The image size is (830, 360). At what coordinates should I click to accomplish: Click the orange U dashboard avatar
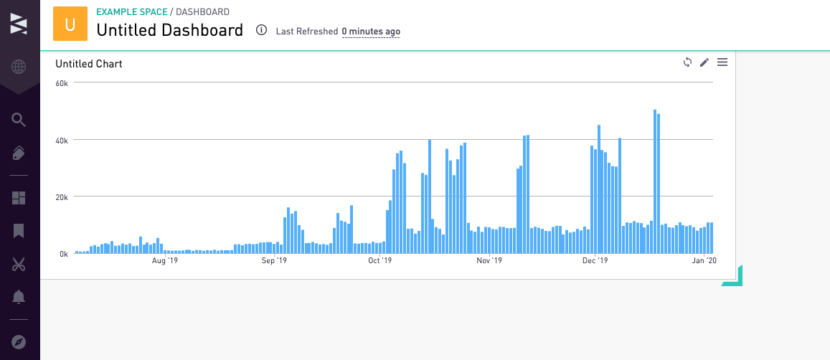[70, 24]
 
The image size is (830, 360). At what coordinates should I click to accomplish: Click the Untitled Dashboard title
[169, 30]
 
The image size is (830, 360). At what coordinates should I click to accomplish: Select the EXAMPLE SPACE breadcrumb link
[131, 12]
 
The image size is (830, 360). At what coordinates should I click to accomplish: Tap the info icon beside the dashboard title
[261, 30]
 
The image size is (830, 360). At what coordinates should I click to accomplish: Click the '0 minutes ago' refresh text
[371, 32]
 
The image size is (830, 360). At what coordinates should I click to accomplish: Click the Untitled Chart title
[89, 64]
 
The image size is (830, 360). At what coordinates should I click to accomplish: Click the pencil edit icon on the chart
[704, 62]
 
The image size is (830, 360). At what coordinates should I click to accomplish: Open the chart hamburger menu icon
[722, 62]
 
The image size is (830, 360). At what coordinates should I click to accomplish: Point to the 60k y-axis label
[62, 83]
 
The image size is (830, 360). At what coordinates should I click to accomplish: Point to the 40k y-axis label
[62, 140]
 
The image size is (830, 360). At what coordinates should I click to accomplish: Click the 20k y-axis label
[62, 196]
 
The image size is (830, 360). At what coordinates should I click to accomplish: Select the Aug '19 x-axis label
[165, 261]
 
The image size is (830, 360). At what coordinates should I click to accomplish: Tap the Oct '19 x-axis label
[379, 261]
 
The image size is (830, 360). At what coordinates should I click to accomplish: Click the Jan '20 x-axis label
[704, 261]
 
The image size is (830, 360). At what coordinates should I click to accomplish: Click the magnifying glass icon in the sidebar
[19, 120]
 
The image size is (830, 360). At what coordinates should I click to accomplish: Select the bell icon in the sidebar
[19, 296]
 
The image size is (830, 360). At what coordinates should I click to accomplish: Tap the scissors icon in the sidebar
[19, 264]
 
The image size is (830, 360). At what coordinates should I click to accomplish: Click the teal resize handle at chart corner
[735, 278]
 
